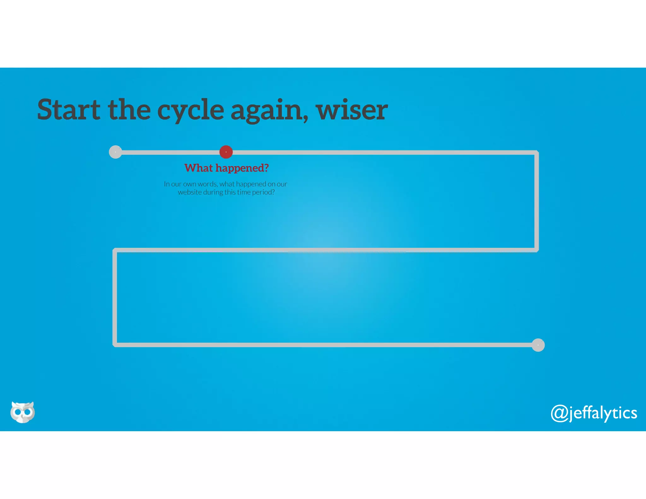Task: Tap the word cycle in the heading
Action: (x=191, y=110)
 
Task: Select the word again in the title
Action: (x=269, y=110)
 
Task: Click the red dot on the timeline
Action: (x=226, y=152)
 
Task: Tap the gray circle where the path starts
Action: (x=115, y=152)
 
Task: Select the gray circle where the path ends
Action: (x=538, y=345)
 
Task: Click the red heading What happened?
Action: (x=226, y=168)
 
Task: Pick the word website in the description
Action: (x=190, y=192)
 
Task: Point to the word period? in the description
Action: (x=263, y=192)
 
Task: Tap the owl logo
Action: (x=22, y=412)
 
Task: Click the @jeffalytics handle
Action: (x=594, y=413)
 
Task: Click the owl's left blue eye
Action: (x=18, y=412)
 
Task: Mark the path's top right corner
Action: (x=537, y=153)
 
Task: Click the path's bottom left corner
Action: (x=115, y=345)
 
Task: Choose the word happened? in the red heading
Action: (x=242, y=168)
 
